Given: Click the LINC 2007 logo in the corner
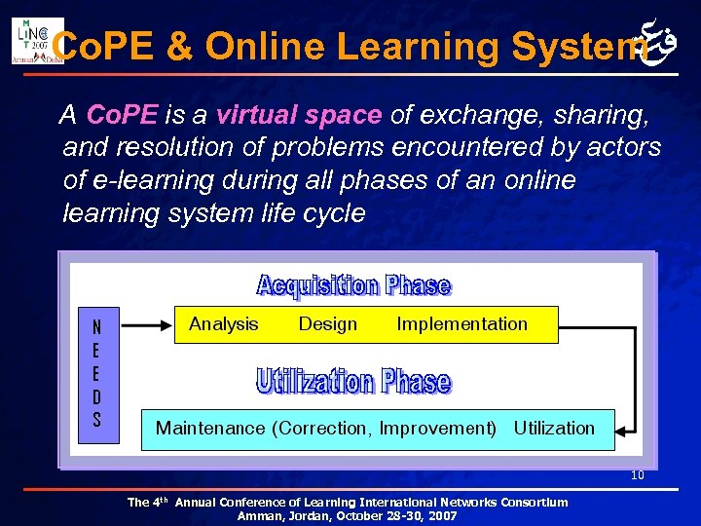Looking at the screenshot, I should point(36,40).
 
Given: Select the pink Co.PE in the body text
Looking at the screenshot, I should point(122,116).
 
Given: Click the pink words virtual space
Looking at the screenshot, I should point(298,116).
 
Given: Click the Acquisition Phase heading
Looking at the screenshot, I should point(353,285).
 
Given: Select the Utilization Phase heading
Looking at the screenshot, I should point(353,381).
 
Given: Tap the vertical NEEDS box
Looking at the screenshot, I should point(97,375).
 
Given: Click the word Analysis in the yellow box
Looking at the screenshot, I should point(224,324).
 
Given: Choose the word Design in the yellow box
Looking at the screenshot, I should point(328,324).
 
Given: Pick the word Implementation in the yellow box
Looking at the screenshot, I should point(461,324).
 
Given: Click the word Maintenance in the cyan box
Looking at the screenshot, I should point(210,429).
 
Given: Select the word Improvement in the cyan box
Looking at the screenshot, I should point(435,429).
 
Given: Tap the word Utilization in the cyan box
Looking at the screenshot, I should point(554,429).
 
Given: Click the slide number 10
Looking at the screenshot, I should point(638,476).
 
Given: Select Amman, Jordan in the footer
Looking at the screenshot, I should point(278,516).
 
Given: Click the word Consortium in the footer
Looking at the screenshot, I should point(535,503).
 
